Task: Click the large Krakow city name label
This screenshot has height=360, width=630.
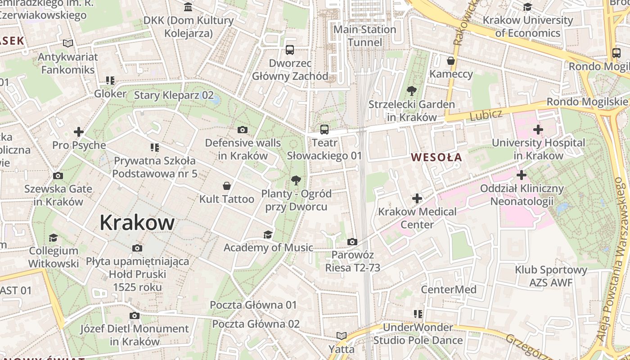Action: point(137,222)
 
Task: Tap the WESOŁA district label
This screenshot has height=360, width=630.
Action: point(436,157)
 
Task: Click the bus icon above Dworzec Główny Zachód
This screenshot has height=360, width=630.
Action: point(290,50)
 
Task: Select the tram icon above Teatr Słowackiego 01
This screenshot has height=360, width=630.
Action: point(324,130)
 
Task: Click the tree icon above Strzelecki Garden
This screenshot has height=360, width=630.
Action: point(411,91)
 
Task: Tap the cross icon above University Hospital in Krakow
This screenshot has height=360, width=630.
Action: point(538,130)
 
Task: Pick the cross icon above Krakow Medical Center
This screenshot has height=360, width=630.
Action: point(417,198)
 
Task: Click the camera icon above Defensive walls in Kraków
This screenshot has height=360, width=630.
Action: point(243,130)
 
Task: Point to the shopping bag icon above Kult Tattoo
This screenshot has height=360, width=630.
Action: point(227,186)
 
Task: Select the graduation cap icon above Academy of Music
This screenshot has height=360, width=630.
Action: point(268,234)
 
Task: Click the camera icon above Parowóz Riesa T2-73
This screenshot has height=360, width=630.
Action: point(352,242)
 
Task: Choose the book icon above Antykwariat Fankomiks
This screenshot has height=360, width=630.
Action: point(68,44)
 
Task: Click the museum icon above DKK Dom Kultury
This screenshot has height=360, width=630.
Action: point(188,7)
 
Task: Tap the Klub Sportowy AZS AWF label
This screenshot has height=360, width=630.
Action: point(551,276)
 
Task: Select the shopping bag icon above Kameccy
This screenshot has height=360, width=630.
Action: point(451,61)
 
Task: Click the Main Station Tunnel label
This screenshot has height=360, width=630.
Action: point(364,36)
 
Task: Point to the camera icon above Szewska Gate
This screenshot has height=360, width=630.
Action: point(58,176)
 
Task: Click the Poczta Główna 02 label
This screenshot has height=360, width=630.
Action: point(256,324)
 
